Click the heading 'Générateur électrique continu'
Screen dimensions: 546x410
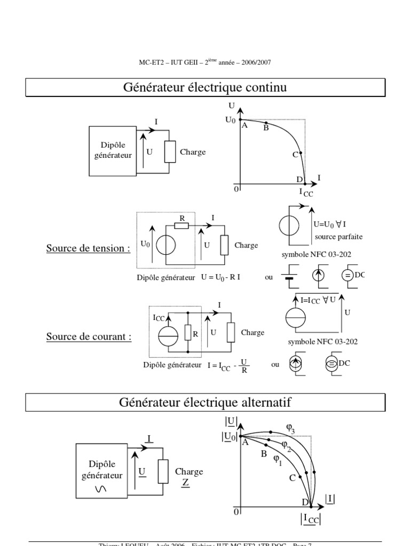point(205,87)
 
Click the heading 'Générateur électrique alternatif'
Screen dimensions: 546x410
point(205,402)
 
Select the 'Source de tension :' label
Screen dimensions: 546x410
point(88,248)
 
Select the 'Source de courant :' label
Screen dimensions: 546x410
point(89,337)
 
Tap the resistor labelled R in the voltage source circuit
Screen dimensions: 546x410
point(182,226)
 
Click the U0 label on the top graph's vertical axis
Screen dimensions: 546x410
point(230,121)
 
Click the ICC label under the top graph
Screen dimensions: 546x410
point(306,192)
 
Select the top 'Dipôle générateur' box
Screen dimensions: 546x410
point(113,150)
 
